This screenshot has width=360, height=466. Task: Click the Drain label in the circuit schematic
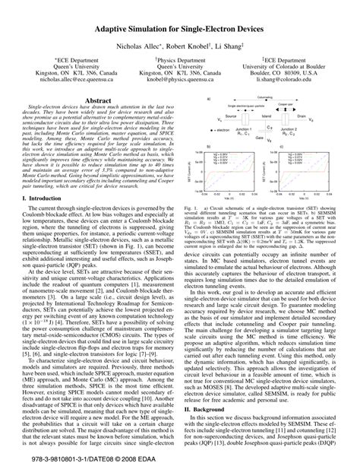[x=302, y=117]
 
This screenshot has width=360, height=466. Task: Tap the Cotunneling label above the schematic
[x=264, y=98]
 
